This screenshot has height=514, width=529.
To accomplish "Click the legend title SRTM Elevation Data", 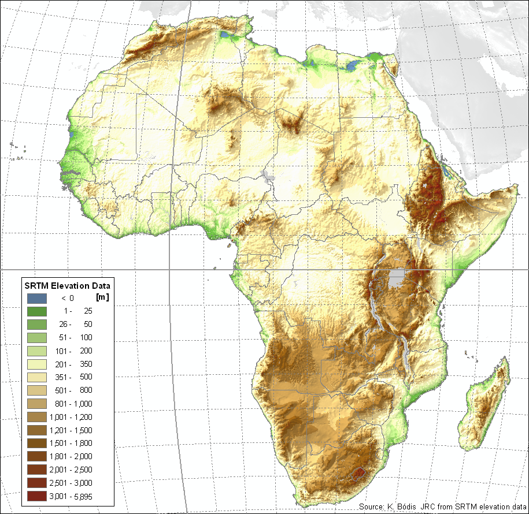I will [66, 285].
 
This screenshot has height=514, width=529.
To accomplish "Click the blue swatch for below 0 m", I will [36, 298].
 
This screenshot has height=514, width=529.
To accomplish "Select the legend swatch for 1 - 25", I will [36, 311].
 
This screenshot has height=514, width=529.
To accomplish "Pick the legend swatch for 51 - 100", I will [36, 337].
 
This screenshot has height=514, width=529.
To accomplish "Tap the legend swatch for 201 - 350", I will [36, 364].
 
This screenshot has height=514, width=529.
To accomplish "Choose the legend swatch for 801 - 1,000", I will [36, 404].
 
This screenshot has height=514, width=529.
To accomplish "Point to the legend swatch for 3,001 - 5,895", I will [36, 496].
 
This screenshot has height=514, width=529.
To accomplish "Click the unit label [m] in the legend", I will [102, 298].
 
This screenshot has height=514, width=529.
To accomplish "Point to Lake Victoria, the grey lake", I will [397, 278].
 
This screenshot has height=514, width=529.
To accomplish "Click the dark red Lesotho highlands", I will [360, 474].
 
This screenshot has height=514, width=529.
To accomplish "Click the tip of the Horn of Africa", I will [515, 188].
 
